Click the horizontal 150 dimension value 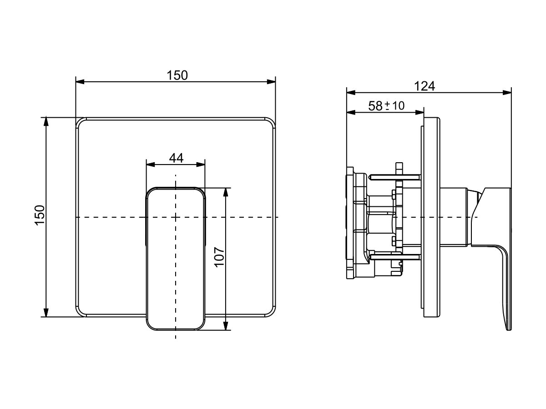coord(177,75)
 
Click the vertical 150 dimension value coord(40,215)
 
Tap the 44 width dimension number coord(176,158)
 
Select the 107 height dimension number coord(219,257)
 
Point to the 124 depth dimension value coord(425,86)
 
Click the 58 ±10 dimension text coord(386,106)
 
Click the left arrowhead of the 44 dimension coord(151,165)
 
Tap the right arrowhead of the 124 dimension coord(507,93)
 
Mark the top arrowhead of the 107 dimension coord(226,192)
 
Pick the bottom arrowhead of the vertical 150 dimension coord(46,312)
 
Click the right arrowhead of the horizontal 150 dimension coord(271,82)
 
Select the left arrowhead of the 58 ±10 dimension coord(351,113)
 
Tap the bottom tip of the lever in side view coord(509,329)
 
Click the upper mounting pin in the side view coord(395,177)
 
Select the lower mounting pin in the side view coord(395,258)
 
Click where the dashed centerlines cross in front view coord(176,217)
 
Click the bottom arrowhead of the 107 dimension coord(226,326)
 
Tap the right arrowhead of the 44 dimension coord(201,165)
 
